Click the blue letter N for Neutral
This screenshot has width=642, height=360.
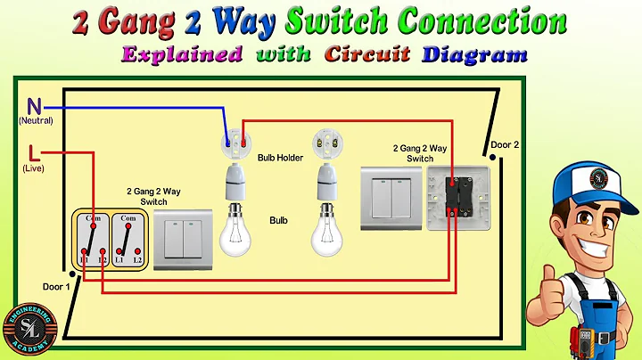point(35,103)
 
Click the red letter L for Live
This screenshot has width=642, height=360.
point(34,151)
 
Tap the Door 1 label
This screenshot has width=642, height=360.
point(54,286)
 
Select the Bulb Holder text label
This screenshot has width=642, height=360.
point(280,158)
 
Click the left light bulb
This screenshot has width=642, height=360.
point(235,231)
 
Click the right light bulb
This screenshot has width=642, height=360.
point(326,231)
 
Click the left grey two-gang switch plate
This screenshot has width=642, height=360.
point(183,240)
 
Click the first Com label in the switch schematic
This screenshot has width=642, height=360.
point(90,218)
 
